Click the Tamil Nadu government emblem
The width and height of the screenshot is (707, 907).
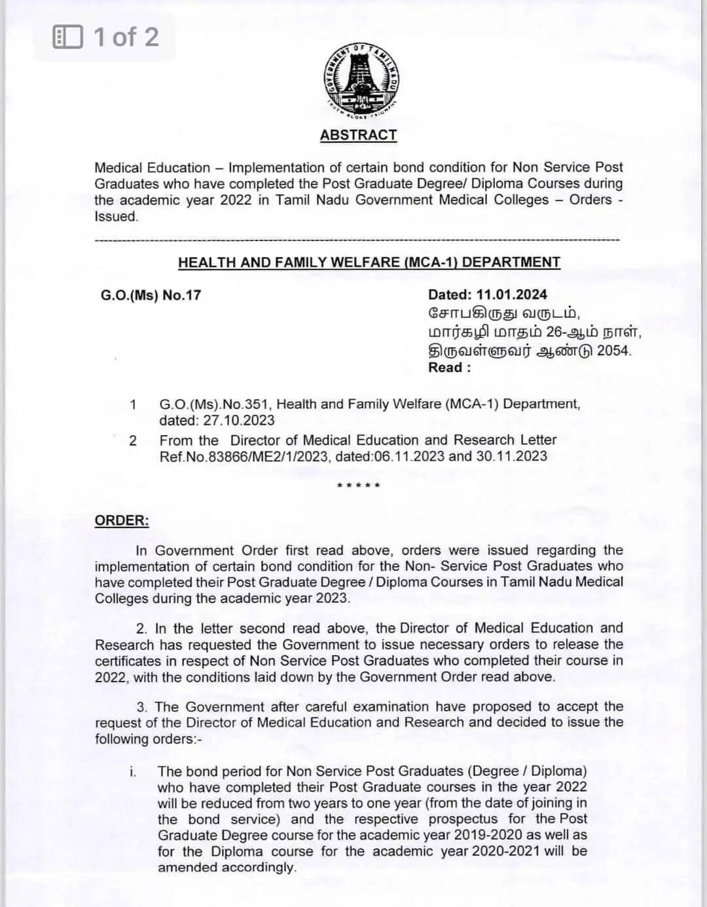(x=361, y=81)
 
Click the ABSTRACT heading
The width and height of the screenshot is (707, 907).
(x=358, y=135)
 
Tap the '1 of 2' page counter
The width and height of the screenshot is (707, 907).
(x=126, y=37)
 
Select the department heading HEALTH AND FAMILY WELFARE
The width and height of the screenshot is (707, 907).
(x=369, y=262)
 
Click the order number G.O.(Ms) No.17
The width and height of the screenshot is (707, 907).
(x=151, y=295)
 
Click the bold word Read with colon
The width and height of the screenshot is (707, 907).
(x=449, y=368)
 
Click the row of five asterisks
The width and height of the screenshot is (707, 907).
(x=358, y=486)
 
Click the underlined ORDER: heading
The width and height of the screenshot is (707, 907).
(x=122, y=520)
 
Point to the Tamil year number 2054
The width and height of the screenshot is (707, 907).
(x=614, y=351)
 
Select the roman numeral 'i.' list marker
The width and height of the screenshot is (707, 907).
(x=133, y=772)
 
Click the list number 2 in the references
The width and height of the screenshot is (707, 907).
(x=133, y=440)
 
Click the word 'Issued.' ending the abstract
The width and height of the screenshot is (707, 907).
(x=117, y=216)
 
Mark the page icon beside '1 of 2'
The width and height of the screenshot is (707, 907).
(x=67, y=37)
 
